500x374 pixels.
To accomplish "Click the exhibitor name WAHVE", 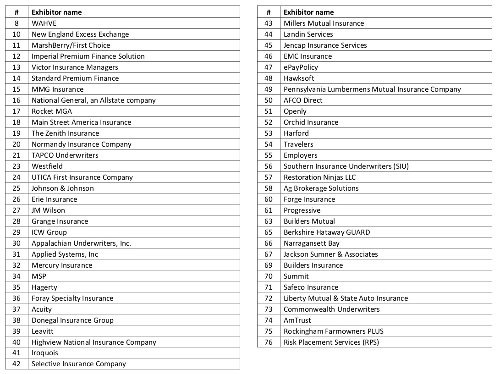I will point(44,23).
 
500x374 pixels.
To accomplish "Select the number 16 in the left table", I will point(16,100).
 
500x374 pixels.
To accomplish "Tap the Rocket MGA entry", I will point(52,111).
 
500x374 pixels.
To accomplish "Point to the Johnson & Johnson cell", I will point(63,188).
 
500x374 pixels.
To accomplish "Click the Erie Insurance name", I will point(54,199).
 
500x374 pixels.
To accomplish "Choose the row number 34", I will point(16,276).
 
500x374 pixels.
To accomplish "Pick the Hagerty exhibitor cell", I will point(44,287).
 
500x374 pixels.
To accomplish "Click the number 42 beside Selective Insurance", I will point(16,364).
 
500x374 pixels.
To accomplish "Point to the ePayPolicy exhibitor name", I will point(301,67).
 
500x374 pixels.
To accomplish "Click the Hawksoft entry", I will point(299,78).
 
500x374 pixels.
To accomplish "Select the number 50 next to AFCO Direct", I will point(269,100).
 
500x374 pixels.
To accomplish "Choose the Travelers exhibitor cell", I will point(298,144).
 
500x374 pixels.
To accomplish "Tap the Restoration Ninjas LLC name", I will point(319,177).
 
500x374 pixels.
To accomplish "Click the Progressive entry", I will point(302,210).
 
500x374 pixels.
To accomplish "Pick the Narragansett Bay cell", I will point(312,243).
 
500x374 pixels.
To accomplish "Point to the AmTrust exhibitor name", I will point(297,320).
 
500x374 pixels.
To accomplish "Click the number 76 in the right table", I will point(269,342).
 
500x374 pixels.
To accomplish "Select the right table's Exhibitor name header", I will point(309,12).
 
